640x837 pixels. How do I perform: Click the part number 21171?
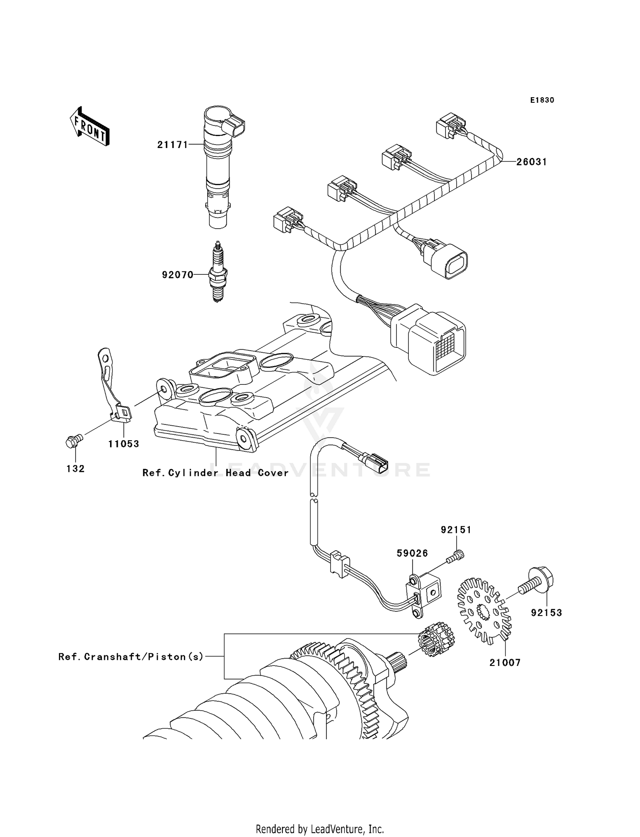coord(172,145)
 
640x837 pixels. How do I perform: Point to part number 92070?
coord(177,275)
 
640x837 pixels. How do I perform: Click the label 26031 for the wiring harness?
coord(531,162)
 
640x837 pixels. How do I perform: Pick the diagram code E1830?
coord(542,100)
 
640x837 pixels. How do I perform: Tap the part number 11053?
coord(123,444)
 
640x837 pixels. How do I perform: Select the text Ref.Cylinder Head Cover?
coord(215,473)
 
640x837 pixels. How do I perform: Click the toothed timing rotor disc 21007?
coord(484,610)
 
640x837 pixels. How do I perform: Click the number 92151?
coord(456,530)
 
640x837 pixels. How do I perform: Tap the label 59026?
coord(412,553)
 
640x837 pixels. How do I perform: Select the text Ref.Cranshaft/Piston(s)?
coord(131,657)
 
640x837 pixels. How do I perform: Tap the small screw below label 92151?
coord(455,557)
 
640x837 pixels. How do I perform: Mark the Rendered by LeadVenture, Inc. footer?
coord(320,829)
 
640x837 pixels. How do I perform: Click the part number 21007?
coord(505,663)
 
